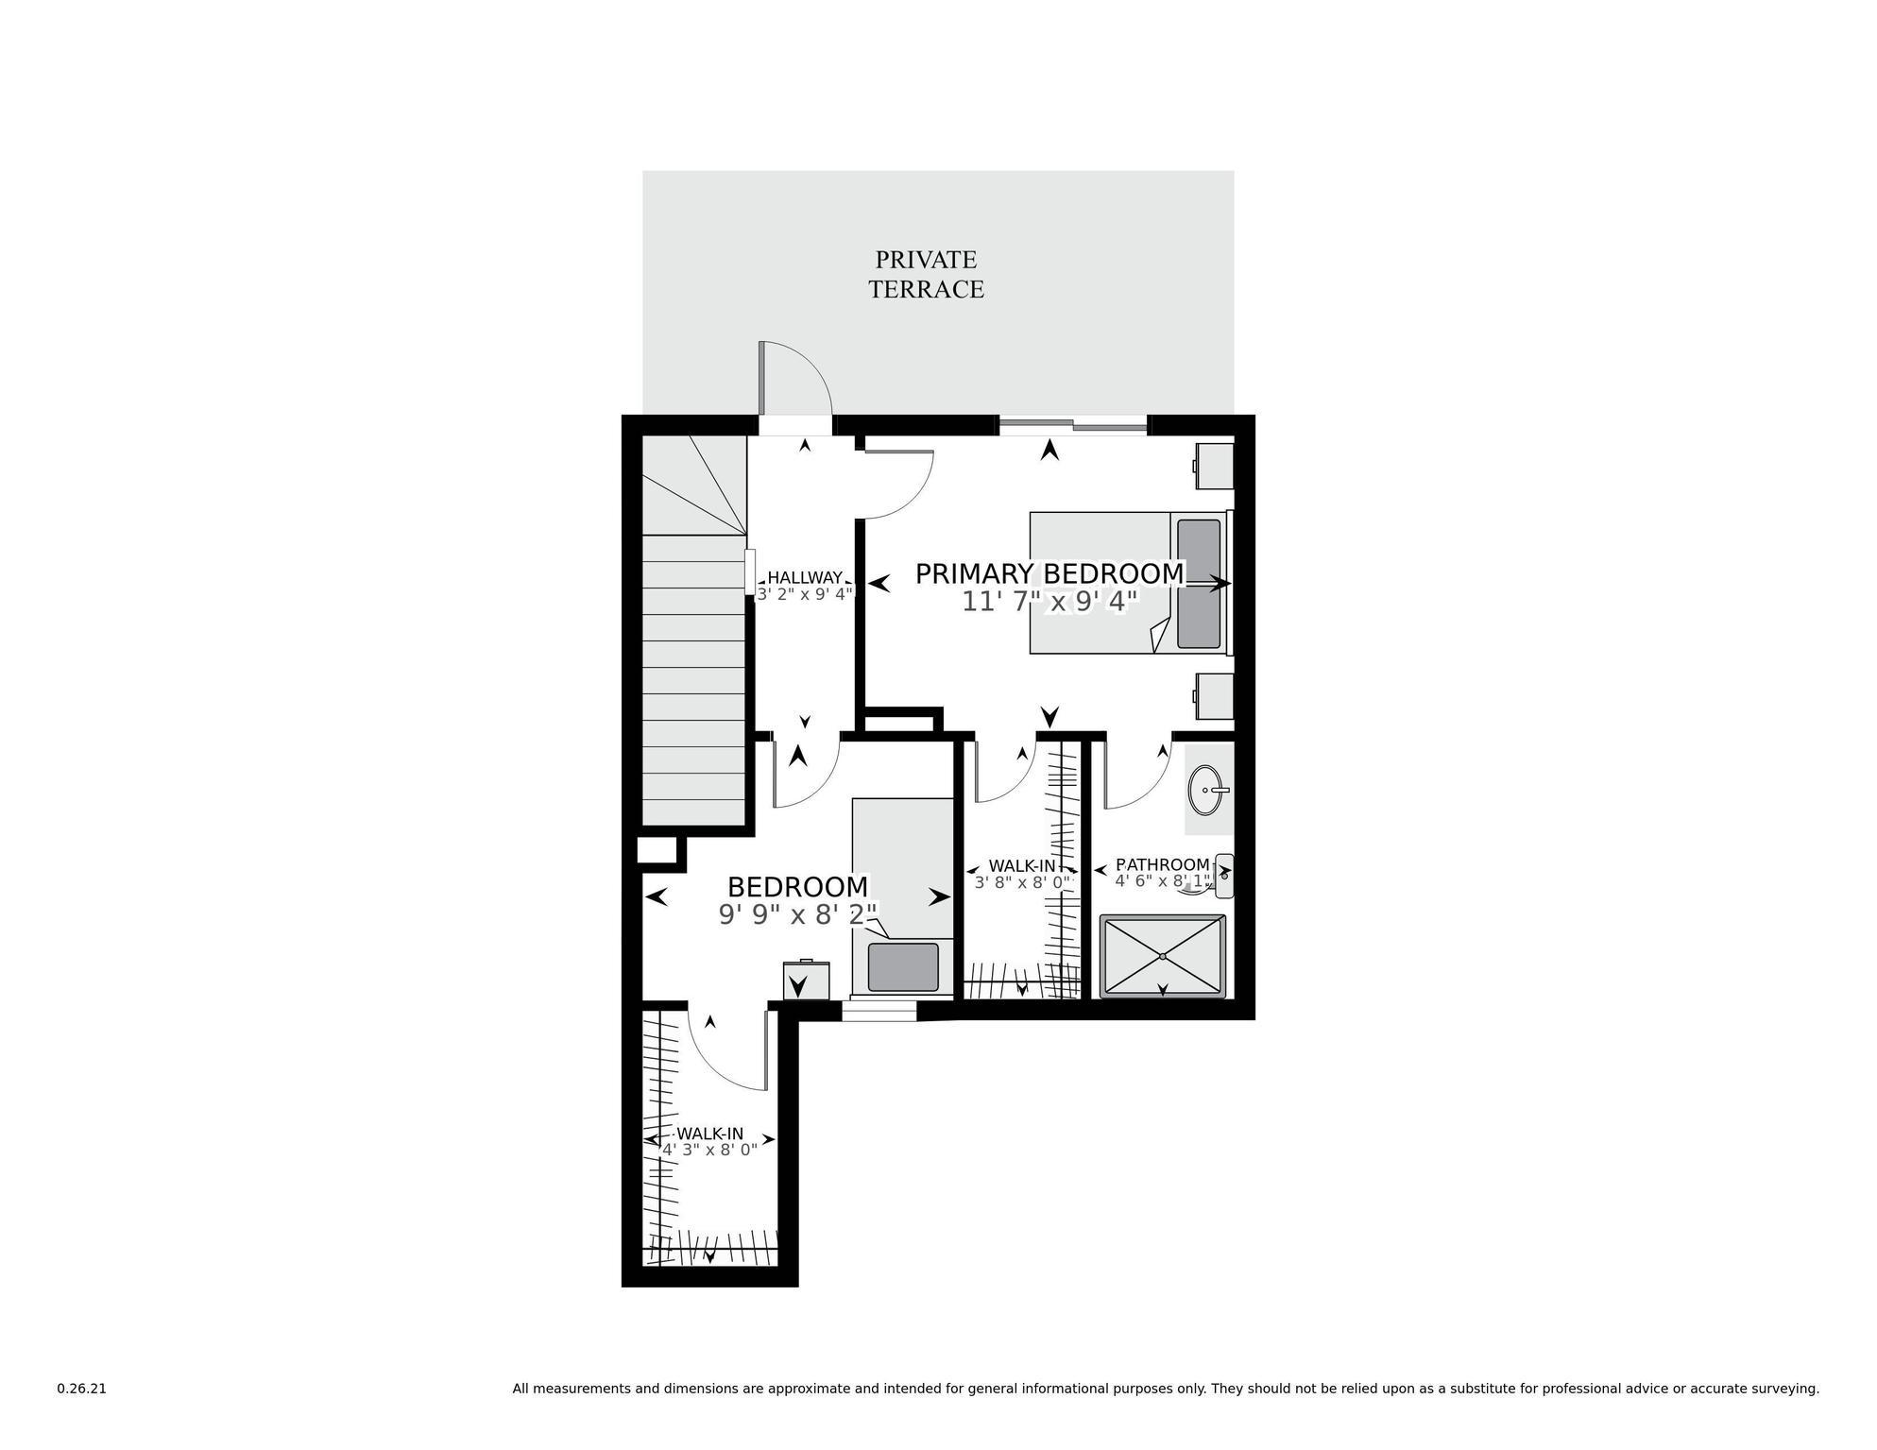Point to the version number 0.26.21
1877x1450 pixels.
pyautogui.click(x=82, y=1390)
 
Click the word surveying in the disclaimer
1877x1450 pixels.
pyautogui.click(x=1785, y=1390)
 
